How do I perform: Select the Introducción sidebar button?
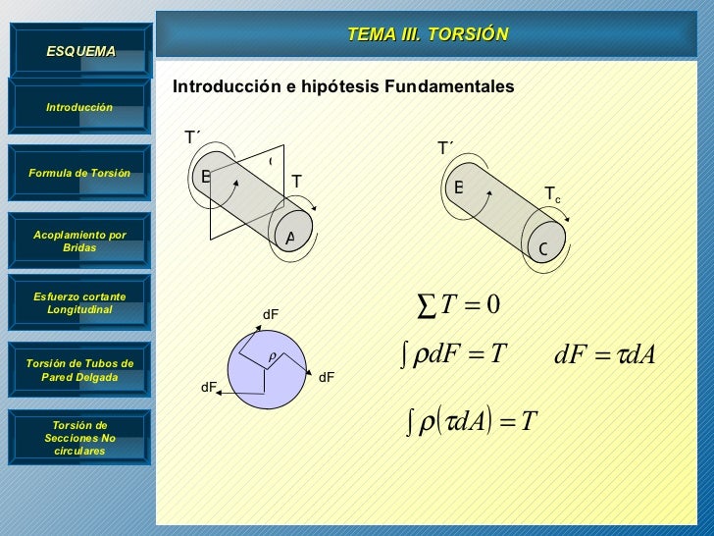[79, 106]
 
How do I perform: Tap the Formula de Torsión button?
[79, 173]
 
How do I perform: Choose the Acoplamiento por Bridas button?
[79, 241]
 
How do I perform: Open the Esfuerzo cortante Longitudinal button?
[79, 302]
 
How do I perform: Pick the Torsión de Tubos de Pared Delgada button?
[79, 370]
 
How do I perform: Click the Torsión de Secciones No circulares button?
[79, 438]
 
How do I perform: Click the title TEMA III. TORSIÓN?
[428, 34]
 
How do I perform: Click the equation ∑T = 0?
[460, 306]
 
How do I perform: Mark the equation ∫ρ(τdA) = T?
[471, 422]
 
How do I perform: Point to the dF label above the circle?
[271, 314]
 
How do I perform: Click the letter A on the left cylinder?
[290, 239]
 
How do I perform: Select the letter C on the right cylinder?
[542, 250]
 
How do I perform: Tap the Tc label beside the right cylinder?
[553, 196]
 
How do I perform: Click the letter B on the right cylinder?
[458, 187]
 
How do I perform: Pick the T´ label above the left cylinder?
[193, 137]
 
